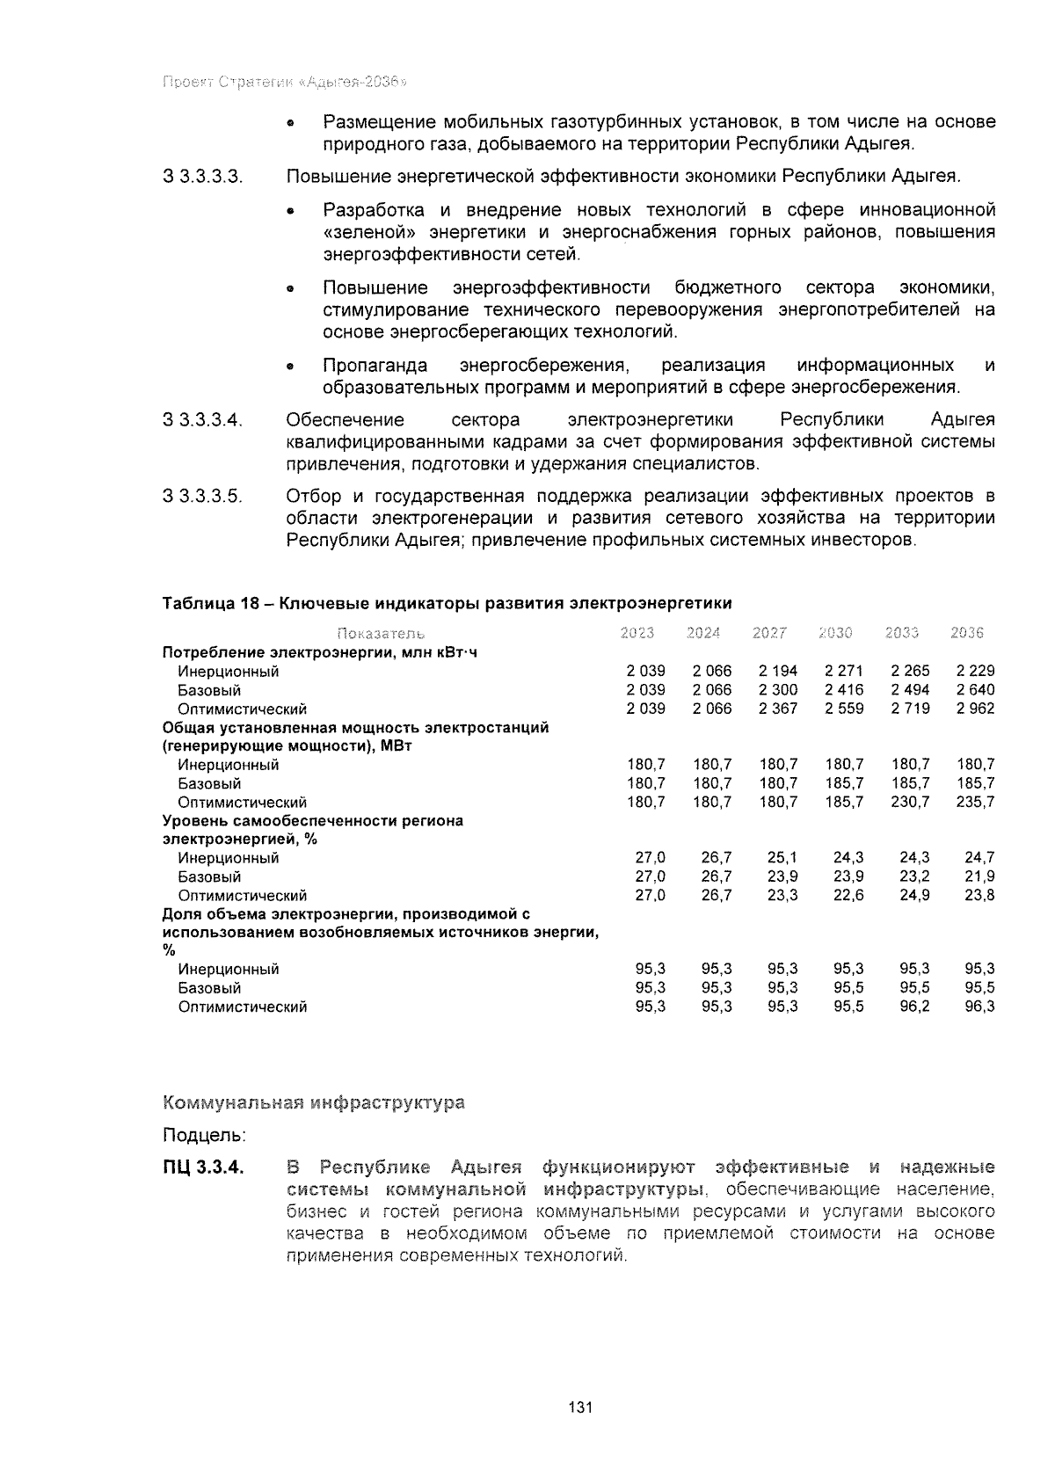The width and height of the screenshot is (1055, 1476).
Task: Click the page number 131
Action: click(581, 1407)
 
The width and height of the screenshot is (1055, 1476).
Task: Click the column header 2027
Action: click(769, 633)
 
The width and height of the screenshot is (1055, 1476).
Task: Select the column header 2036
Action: click(967, 633)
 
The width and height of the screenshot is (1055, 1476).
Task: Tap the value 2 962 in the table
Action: click(976, 709)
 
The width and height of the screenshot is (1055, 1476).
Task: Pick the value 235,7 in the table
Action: click(976, 802)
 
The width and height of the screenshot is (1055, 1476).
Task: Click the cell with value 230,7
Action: click(910, 802)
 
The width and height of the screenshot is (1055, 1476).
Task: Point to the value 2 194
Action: click(778, 671)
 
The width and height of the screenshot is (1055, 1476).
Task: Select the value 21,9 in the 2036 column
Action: click(979, 876)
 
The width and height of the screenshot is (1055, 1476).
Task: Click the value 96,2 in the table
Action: click(913, 1007)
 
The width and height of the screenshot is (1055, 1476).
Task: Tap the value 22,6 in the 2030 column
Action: click(848, 895)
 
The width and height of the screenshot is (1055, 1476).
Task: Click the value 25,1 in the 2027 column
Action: click(782, 857)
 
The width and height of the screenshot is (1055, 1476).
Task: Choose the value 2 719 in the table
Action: click(910, 709)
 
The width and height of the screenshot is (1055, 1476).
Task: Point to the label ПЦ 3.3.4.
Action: click(201, 1168)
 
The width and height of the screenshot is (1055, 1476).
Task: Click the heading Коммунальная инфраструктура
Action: click(314, 1102)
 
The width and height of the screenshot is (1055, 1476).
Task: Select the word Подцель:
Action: click(204, 1136)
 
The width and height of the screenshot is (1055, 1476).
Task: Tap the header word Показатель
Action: click(381, 634)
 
